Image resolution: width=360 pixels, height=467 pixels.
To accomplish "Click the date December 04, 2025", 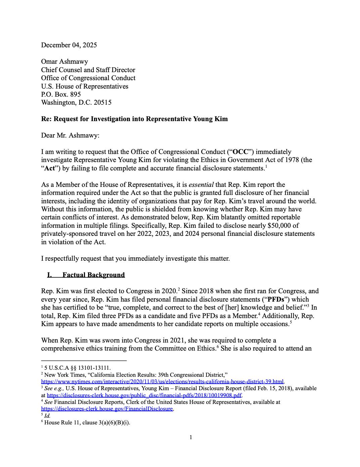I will tap(69, 45).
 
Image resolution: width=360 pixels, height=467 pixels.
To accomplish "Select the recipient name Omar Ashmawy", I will tap(64, 61).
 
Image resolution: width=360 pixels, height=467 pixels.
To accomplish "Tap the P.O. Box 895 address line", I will tap(61, 94).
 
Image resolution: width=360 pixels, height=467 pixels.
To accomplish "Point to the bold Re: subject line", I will tap(134, 119).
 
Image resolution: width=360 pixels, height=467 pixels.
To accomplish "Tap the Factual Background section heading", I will tap(93, 275).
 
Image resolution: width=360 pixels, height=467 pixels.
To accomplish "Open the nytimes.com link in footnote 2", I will tap(163, 381).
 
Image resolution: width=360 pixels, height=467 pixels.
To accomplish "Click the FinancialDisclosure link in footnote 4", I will tap(107, 409).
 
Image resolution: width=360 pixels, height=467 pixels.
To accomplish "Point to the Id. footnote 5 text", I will tap(47, 416).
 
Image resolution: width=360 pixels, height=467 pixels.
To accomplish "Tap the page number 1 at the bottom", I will tap(191, 437).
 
